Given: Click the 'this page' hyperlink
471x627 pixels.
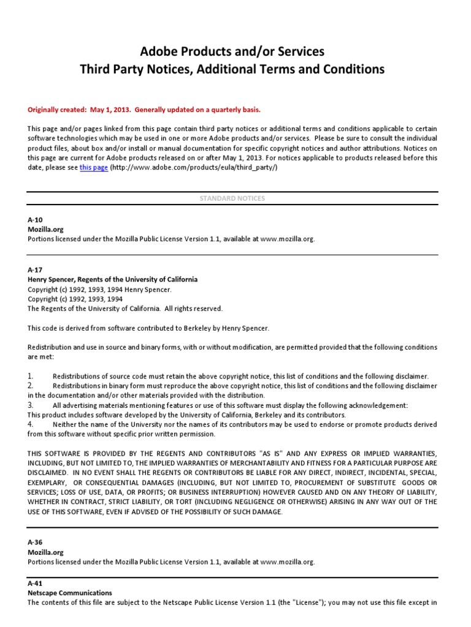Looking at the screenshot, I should click(x=94, y=167).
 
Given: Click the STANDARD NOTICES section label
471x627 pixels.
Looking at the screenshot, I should click(x=232, y=198).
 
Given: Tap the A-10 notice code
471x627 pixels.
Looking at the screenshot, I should click(x=35, y=219).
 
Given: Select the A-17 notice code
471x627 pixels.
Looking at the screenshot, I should click(x=35, y=269).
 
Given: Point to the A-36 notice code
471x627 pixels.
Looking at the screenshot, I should click(x=35, y=542).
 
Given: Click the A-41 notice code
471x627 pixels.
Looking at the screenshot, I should click(x=35, y=584).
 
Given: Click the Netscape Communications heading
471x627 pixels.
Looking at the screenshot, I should click(x=70, y=593).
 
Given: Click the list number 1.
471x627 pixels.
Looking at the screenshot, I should click(x=30, y=375).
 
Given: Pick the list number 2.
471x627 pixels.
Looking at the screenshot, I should click(x=30, y=386).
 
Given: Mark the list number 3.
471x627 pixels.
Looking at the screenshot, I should click(x=30, y=405).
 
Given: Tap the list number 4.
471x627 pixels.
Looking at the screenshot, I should click(x=30, y=424).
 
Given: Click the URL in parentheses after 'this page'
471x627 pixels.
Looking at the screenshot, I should click(x=194, y=167).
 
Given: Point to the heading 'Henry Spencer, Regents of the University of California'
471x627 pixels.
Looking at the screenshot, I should click(x=113, y=279).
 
